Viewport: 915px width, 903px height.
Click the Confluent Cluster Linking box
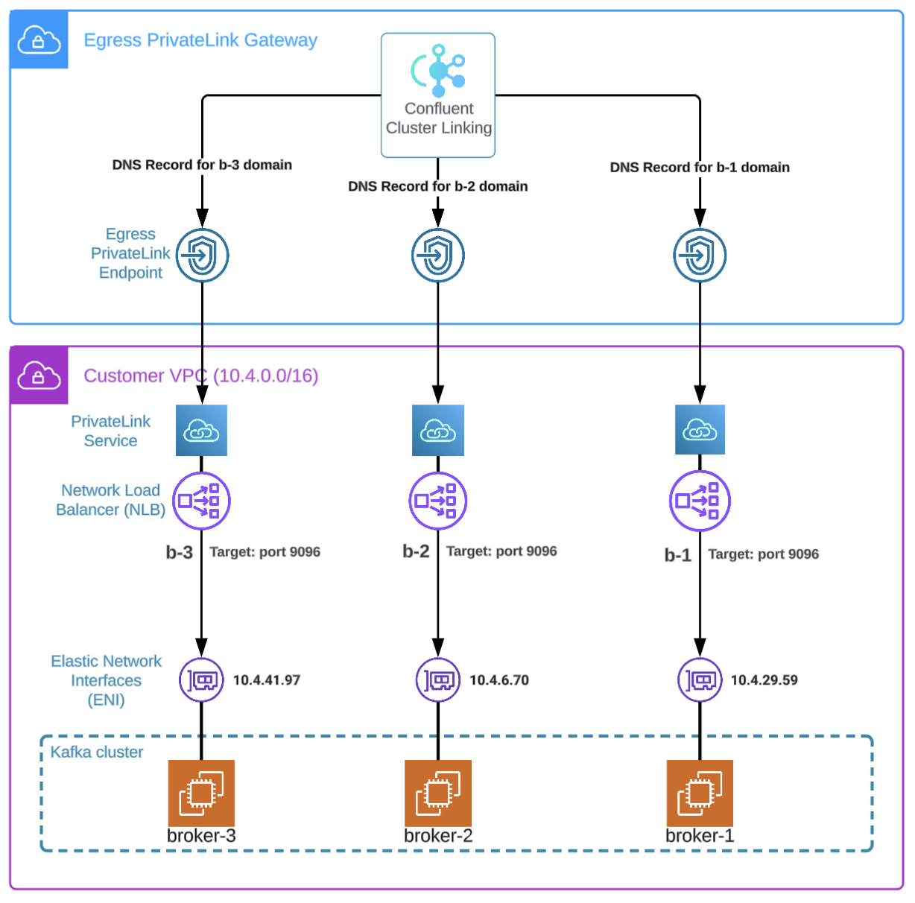[438, 95]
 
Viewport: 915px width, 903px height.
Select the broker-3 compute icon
[201, 793]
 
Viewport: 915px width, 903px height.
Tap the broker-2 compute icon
[438, 793]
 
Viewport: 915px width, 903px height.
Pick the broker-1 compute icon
[700, 793]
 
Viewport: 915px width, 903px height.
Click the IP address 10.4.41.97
[266, 680]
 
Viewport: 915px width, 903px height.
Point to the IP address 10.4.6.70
[498, 680]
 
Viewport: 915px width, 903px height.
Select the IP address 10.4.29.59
[764, 680]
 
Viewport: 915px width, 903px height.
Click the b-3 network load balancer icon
[201, 501]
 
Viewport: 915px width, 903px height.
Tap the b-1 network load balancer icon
[700, 501]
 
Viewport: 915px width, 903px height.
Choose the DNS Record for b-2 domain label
[438, 186]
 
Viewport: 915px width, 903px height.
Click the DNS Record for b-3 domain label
[202, 165]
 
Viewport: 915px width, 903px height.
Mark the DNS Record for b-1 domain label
[700, 168]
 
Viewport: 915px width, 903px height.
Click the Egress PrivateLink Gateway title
[200, 40]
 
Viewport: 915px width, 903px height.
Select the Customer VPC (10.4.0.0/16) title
[200, 376]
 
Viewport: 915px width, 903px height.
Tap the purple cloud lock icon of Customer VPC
[39, 376]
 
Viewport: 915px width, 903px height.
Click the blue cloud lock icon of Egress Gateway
[39, 40]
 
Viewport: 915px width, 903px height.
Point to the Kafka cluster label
[97, 752]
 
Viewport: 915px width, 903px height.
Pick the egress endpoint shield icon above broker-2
[438, 256]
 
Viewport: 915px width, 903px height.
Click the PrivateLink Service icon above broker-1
[700, 430]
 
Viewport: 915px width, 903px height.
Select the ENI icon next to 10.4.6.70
[438, 680]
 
